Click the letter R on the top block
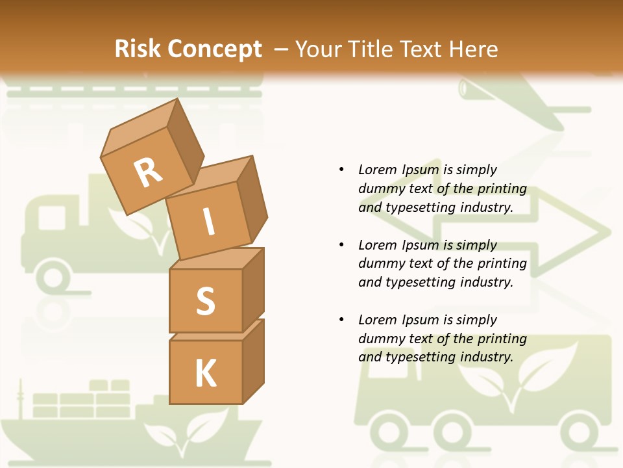148,173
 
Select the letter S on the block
206,301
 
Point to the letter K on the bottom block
206,373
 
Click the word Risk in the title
139,49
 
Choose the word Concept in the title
215,49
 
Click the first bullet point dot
341,170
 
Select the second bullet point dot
341,245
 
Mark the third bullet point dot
341,320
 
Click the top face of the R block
140,127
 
